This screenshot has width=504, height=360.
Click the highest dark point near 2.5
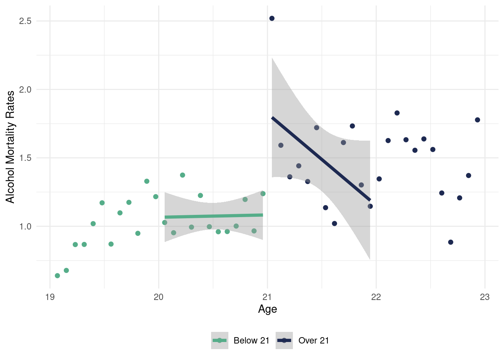pos(272,18)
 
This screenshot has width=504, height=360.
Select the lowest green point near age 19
pos(57,276)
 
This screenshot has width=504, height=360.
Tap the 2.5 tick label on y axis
pos(25,21)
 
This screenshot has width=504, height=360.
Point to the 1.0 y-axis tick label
pos(25,226)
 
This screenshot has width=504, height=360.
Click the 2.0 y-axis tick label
pos(25,90)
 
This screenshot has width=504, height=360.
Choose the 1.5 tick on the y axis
pos(25,158)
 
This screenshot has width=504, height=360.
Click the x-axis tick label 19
pos(50,297)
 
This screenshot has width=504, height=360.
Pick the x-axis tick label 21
pos(267,297)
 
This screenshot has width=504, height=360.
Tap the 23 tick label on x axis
pos(485,297)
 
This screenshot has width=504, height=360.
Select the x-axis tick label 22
pos(376,297)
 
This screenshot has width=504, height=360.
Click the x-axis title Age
pos(267,309)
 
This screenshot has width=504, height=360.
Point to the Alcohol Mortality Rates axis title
pos(10,147)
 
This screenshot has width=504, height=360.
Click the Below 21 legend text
pos(251,340)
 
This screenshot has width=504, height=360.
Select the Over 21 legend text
pos(313,340)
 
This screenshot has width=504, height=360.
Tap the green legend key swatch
pos(220,340)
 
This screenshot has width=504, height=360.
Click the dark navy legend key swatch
pos(284,340)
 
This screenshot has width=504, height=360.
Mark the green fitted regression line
pos(214,216)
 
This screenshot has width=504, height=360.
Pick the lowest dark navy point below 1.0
pos(451,242)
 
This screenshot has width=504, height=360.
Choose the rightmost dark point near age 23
pos(477,120)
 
